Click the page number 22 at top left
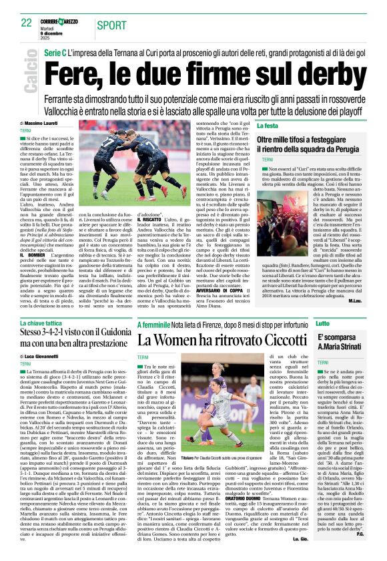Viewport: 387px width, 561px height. (x=26, y=23)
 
